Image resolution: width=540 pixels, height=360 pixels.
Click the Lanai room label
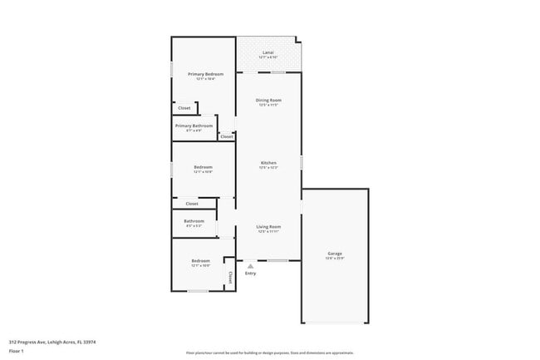click(268, 53)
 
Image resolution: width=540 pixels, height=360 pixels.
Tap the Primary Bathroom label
click(194, 126)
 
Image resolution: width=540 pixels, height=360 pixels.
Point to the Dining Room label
click(268, 101)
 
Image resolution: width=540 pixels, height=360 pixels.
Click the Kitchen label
click(268, 163)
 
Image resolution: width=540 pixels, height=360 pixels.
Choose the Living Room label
click(268, 227)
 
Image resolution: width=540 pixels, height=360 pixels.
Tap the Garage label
click(335, 254)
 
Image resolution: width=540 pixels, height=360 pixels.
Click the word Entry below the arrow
click(250, 274)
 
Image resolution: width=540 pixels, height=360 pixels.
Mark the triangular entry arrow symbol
click(250, 265)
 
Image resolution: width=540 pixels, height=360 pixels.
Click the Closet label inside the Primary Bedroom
click(184, 107)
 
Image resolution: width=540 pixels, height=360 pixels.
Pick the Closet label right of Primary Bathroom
click(226, 136)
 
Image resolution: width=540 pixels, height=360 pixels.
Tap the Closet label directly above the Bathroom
click(192, 204)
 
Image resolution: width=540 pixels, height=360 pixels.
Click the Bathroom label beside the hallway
click(194, 221)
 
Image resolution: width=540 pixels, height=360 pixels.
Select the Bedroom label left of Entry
click(200, 261)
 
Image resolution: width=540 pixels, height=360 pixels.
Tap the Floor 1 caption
click(17, 352)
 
